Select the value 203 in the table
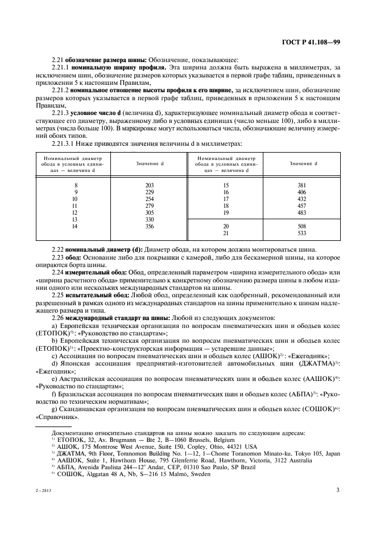[150, 186]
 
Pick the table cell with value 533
[301, 233]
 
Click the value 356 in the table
[150, 226]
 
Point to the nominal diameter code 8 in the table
[75, 186]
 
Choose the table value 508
[301, 226]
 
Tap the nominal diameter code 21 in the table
[226, 233]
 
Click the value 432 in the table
[301, 199]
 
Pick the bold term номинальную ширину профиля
[105, 68]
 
